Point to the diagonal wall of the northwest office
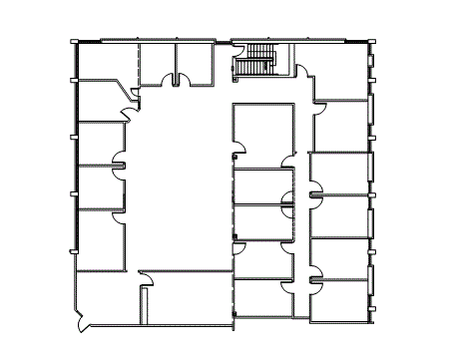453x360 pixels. tap(128, 92)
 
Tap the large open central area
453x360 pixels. tap(180, 180)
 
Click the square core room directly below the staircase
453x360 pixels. tap(264, 130)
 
